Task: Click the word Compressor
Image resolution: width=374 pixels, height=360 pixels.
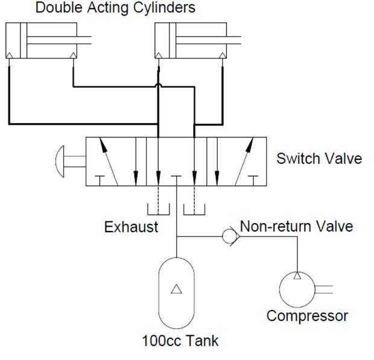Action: tap(307, 317)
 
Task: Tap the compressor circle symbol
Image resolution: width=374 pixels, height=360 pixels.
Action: tap(280, 289)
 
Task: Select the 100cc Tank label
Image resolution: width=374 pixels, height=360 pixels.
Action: tap(180, 341)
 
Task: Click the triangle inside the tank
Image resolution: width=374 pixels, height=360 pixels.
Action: tap(177, 289)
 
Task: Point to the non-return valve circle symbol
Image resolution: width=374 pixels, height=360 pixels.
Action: tap(223, 236)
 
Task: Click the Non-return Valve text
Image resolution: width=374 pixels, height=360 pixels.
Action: tap(296, 226)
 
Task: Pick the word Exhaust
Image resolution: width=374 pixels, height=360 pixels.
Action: tap(131, 227)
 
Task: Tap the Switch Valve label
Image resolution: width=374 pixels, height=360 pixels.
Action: tap(319, 159)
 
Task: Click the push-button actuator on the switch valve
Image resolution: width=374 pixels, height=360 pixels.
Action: tap(60, 161)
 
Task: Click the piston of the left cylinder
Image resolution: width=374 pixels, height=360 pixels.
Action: tap(24, 40)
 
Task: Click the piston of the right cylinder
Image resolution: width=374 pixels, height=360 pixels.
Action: tap(173, 40)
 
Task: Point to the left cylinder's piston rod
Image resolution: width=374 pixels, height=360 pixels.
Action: tap(59, 40)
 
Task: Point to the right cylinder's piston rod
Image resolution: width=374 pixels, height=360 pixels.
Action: tap(209, 40)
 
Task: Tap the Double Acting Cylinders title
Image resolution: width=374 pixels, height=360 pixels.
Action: tap(115, 8)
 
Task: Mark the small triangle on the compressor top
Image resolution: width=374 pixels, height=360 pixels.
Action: tap(297, 276)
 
